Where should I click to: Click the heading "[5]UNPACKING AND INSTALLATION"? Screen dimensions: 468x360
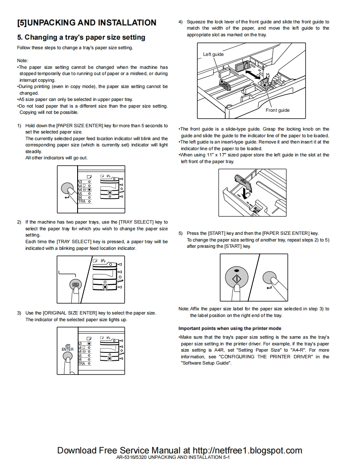87,23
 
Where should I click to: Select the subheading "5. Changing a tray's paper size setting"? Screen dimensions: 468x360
81,38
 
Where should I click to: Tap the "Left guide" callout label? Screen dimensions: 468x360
213,54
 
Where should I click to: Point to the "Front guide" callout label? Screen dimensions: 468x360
277,110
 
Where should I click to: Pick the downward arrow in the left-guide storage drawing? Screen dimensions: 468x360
245,191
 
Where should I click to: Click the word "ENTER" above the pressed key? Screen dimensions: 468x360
68,350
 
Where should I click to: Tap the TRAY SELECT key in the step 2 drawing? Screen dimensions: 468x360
76,284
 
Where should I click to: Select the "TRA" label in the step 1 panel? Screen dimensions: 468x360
82,201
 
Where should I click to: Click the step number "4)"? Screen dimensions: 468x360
181,22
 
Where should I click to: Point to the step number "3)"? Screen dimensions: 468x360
19,313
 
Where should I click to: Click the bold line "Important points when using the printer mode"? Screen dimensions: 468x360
230,328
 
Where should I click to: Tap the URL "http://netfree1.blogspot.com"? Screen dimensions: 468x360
248,450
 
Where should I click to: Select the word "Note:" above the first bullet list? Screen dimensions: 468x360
23,60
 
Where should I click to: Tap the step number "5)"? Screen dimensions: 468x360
181,233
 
